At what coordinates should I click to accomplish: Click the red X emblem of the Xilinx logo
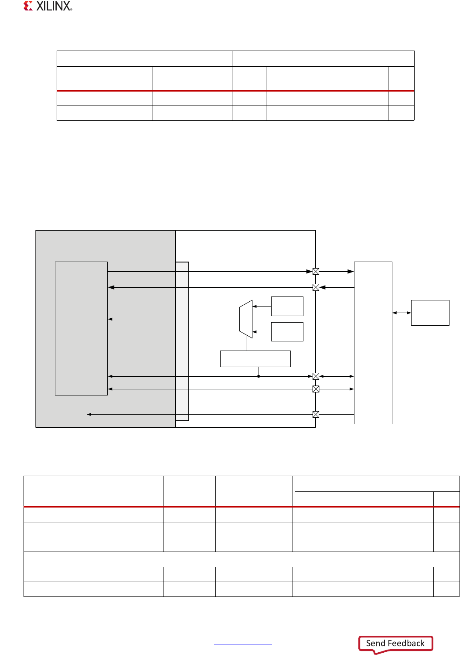click(28, 6)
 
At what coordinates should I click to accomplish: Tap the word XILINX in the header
click(54, 6)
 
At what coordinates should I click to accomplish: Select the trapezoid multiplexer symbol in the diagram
click(246, 319)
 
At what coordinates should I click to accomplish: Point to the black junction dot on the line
click(259, 376)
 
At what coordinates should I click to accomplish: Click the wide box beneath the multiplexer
click(255, 359)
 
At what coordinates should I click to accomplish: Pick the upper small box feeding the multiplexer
click(287, 306)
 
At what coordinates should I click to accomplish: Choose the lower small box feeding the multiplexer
click(287, 332)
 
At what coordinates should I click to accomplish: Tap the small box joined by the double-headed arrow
click(430, 313)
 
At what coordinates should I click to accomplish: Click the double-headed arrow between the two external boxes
click(402, 313)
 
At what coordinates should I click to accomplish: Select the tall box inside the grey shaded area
click(81, 328)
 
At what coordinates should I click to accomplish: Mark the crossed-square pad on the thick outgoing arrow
click(316, 271)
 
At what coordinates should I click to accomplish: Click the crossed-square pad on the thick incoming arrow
click(316, 287)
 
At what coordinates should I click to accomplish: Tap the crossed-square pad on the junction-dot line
click(316, 376)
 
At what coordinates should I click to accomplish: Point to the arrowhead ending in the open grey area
click(89, 414)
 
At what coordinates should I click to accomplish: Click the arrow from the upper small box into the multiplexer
click(262, 307)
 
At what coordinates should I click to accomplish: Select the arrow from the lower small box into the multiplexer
click(262, 332)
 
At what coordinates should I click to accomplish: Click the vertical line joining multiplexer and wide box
click(246, 344)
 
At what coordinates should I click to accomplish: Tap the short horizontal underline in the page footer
click(243, 644)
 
